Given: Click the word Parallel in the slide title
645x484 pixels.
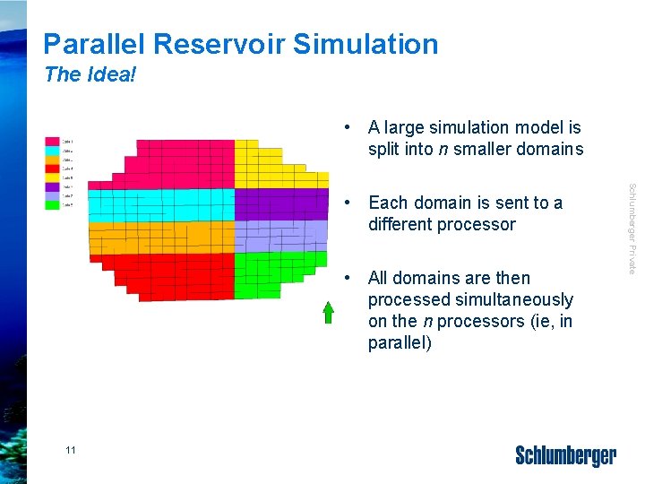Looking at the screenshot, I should (93, 44).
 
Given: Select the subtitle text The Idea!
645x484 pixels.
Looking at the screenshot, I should (90, 74).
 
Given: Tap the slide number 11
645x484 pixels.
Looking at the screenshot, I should (71, 450).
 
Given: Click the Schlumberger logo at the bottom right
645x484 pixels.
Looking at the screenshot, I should (565, 455).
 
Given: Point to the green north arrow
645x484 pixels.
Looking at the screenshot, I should (329, 311).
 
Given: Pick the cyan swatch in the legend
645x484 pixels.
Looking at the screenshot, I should (53, 151).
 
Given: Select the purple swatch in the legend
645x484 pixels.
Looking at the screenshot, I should (53, 187).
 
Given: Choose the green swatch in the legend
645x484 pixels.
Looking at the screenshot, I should (53, 205).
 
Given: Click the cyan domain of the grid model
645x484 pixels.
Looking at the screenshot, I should (161, 203).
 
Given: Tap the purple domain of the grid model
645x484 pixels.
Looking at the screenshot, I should (269, 203).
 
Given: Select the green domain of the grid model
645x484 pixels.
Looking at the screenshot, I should (269, 273).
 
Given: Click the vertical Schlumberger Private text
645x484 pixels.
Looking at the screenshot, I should (632, 229).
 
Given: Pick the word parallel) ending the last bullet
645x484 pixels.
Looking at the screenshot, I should (400, 342).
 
